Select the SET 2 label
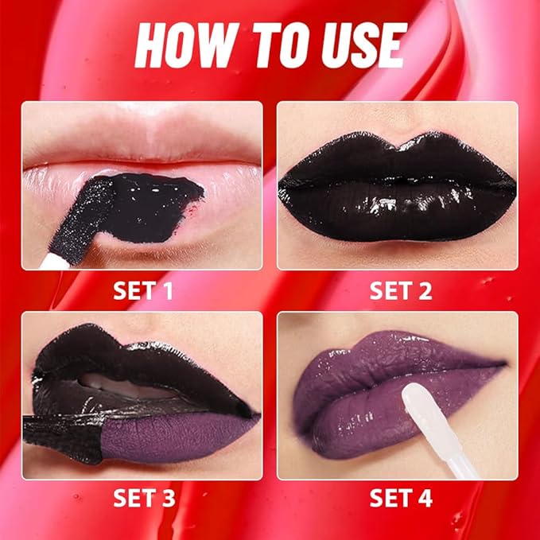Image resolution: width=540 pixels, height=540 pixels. pos(400,291)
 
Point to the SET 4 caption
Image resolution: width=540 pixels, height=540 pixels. pos(400,499)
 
